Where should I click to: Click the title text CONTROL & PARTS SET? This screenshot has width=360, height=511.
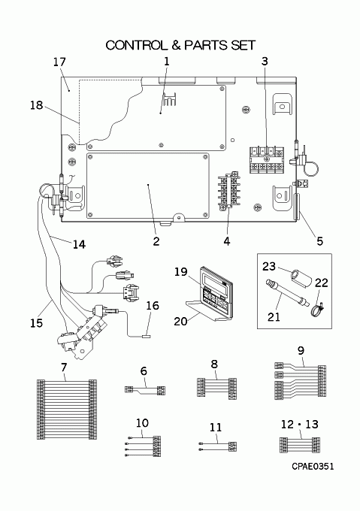coord(180,45)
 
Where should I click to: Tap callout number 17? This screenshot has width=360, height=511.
coord(60,62)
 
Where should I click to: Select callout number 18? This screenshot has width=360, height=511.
coord(37,106)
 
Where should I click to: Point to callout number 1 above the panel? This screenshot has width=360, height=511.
coord(166,61)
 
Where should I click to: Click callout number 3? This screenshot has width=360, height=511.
coord(264,61)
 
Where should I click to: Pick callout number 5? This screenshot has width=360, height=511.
coord(319,241)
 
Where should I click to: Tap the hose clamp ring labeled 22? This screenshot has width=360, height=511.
coord(314,305)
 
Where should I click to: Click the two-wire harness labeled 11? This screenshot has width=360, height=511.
coord(216,448)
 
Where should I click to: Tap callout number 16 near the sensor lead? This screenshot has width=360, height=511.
coord(152,306)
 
